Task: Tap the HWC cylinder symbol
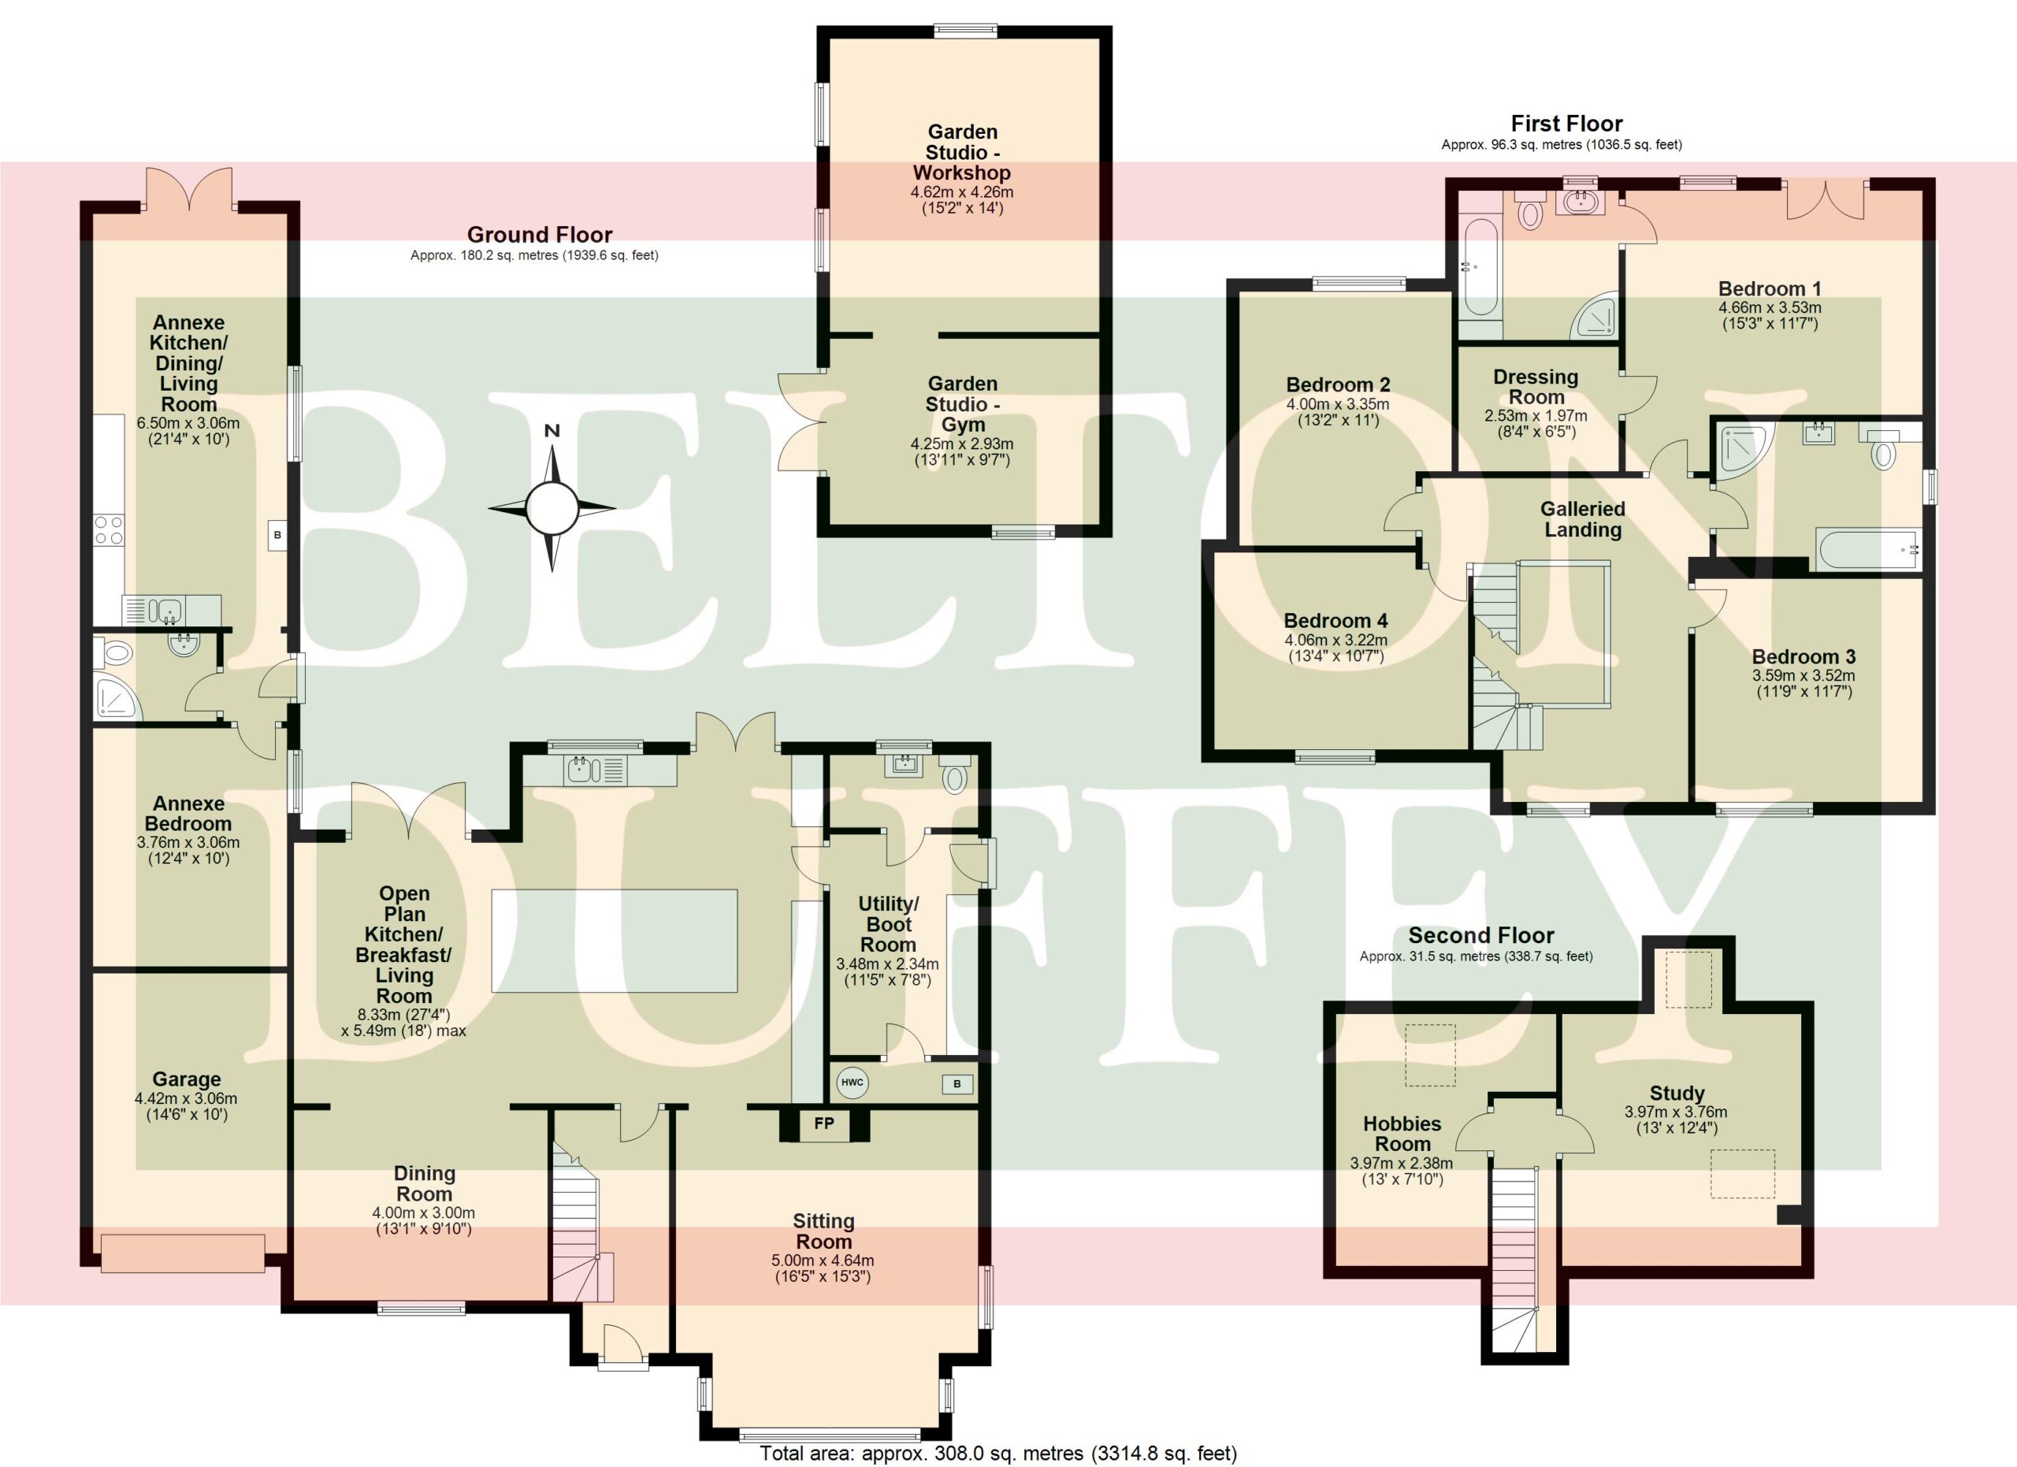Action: (852, 1083)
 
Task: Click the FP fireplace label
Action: (824, 1123)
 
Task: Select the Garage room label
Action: (187, 1079)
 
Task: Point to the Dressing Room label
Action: (1536, 387)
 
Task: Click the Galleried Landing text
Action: (1583, 519)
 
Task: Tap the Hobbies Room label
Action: (1402, 1134)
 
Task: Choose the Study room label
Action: (1677, 1093)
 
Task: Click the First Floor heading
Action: (1567, 124)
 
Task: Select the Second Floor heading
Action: (1481, 935)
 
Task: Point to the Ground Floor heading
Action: (540, 235)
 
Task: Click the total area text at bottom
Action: (997, 1454)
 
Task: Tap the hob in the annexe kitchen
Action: (110, 531)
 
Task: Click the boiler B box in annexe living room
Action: (277, 535)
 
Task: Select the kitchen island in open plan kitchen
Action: (615, 941)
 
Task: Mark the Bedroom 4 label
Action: (1335, 621)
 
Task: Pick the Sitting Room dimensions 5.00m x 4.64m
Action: (823, 1261)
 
